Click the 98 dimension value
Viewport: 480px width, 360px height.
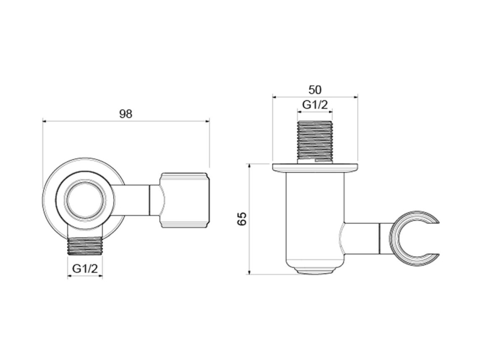click(x=125, y=114)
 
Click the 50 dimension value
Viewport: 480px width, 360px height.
click(x=315, y=90)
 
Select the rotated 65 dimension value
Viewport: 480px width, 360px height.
click(x=242, y=219)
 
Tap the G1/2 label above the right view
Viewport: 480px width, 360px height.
click(x=315, y=105)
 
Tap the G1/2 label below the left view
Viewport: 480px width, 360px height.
click(x=85, y=269)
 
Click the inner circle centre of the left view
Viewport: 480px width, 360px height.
click(x=85, y=201)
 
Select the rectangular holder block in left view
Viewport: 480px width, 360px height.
click(x=185, y=200)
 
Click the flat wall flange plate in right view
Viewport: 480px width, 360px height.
click(x=315, y=167)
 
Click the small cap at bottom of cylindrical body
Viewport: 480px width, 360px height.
click(x=315, y=271)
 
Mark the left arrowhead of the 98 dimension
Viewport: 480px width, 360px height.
click(x=44, y=121)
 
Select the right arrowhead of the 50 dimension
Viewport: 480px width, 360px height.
click(x=356, y=97)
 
